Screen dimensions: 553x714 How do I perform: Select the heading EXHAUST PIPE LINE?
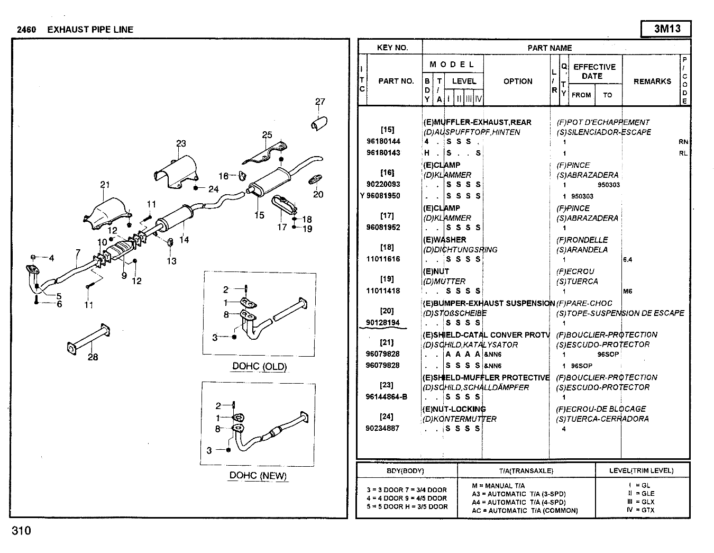pyautogui.click(x=90, y=30)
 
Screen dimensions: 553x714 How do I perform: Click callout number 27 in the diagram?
pyautogui.click(x=320, y=102)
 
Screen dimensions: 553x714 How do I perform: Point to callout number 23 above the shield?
pyautogui.click(x=181, y=143)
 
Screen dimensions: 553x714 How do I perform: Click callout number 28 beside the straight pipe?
pyautogui.click(x=93, y=357)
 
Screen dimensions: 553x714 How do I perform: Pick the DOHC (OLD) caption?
pyautogui.click(x=259, y=366)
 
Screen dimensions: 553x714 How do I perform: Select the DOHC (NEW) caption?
pyautogui.click(x=258, y=475)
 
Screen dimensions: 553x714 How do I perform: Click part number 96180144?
pyautogui.click(x=383, y=142)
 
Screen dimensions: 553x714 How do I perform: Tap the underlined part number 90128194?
pyautogui.click(x=383, y=323)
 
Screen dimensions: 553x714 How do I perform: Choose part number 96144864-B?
pyautogui.click(x=387, y=397)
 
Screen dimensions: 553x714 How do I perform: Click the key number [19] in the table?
pyautogui.click(x=387, y=279)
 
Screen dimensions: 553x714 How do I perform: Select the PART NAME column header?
pyautogui.click(x=550, y=48)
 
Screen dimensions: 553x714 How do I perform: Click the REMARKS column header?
pyautogui.click(x=652, y=81)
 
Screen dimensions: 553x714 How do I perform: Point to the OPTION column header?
pyautogui.click(x=518, y=81)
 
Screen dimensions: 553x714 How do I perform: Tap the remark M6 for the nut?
pyautogui.click(x=627, y=291)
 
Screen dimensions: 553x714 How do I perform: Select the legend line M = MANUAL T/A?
pyautogui.click(x=498, y=486)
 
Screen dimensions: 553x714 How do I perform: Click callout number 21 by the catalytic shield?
pyautogui.click(x=105, y=185)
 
